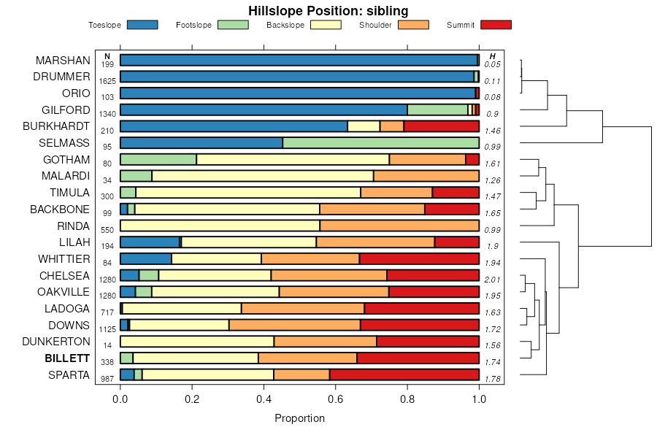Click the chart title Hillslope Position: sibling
[x=328, y=11]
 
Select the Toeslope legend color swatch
[x=142, y=25]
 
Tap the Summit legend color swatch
[x=496, y=25]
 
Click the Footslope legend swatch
[x=233, y=25]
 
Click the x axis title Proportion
[x=299, y=418]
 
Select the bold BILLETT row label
[x=67, y=358]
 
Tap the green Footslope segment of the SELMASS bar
[x=380, y=143]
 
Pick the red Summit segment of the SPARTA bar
[x=404, y=374]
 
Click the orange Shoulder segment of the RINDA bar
[x=399, y=226]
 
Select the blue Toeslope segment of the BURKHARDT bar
[x=234, y=126]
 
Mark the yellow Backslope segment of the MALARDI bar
[x=262, y=176]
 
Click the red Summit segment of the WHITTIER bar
[x=419, y=258]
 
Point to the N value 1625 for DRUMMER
[x=107, y=81]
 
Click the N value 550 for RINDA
[x=107, y=230]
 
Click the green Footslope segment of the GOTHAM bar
[x=158, y=159]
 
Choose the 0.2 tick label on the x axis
[x=192, y=399]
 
